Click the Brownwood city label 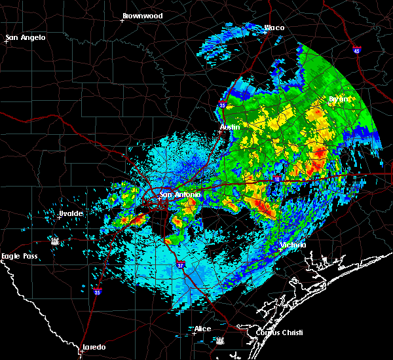coord(142,15)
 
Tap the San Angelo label coord(27,37)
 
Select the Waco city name coord(274,28)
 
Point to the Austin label coord(229,126)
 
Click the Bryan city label coord(339,99)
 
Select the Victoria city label coord(293,245)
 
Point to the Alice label coord(203,329)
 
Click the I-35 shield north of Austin coord(223,105)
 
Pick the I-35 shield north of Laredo coord(97,292)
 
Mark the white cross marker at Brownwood coord(122,20)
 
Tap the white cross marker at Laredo coord(81,351)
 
